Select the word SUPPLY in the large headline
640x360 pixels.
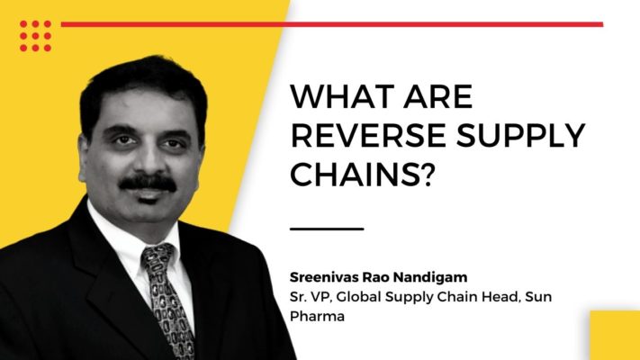point(521,135)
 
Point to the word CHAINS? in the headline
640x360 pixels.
point(361,174)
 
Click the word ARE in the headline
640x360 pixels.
point(438,96)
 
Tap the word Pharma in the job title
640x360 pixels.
point(317,316)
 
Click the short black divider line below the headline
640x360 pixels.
point(327,229)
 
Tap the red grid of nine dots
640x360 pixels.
point(35,36)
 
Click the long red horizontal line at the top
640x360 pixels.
point(332,24)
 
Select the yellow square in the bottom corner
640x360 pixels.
point(615,335)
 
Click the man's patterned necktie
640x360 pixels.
point(167,300)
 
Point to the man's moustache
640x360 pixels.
point(148,183)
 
